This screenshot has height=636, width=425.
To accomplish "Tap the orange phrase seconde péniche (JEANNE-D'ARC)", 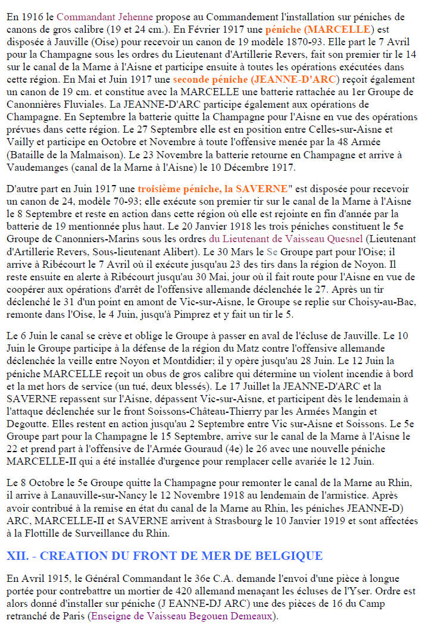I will (256, 79).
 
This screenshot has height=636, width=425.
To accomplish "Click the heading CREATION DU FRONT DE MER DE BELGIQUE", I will (164, 556).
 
